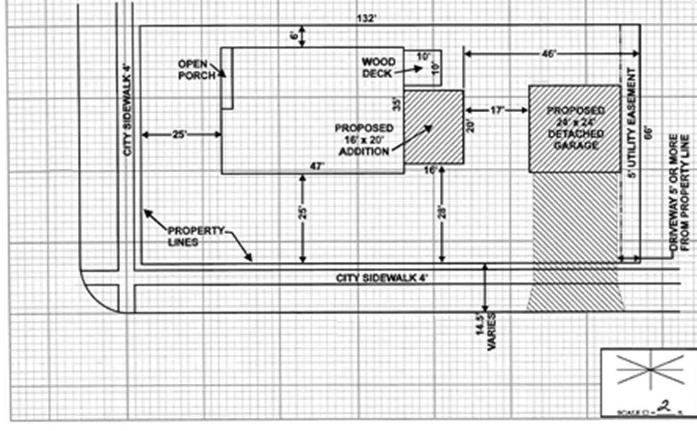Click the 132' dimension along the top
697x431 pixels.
367,19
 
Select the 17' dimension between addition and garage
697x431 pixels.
496,110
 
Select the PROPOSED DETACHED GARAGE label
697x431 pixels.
575,128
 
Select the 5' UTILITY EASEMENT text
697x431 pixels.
631,122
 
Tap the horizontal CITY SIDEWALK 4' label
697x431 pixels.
384,278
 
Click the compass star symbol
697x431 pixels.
650,370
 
